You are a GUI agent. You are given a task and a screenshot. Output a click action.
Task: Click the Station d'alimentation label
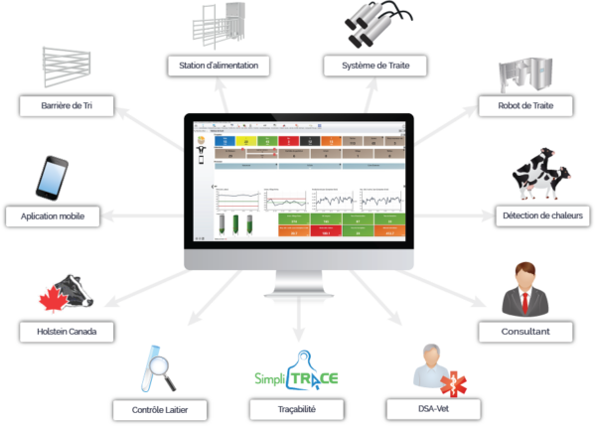215,66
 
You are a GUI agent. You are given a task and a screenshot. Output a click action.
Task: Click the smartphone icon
52,177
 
